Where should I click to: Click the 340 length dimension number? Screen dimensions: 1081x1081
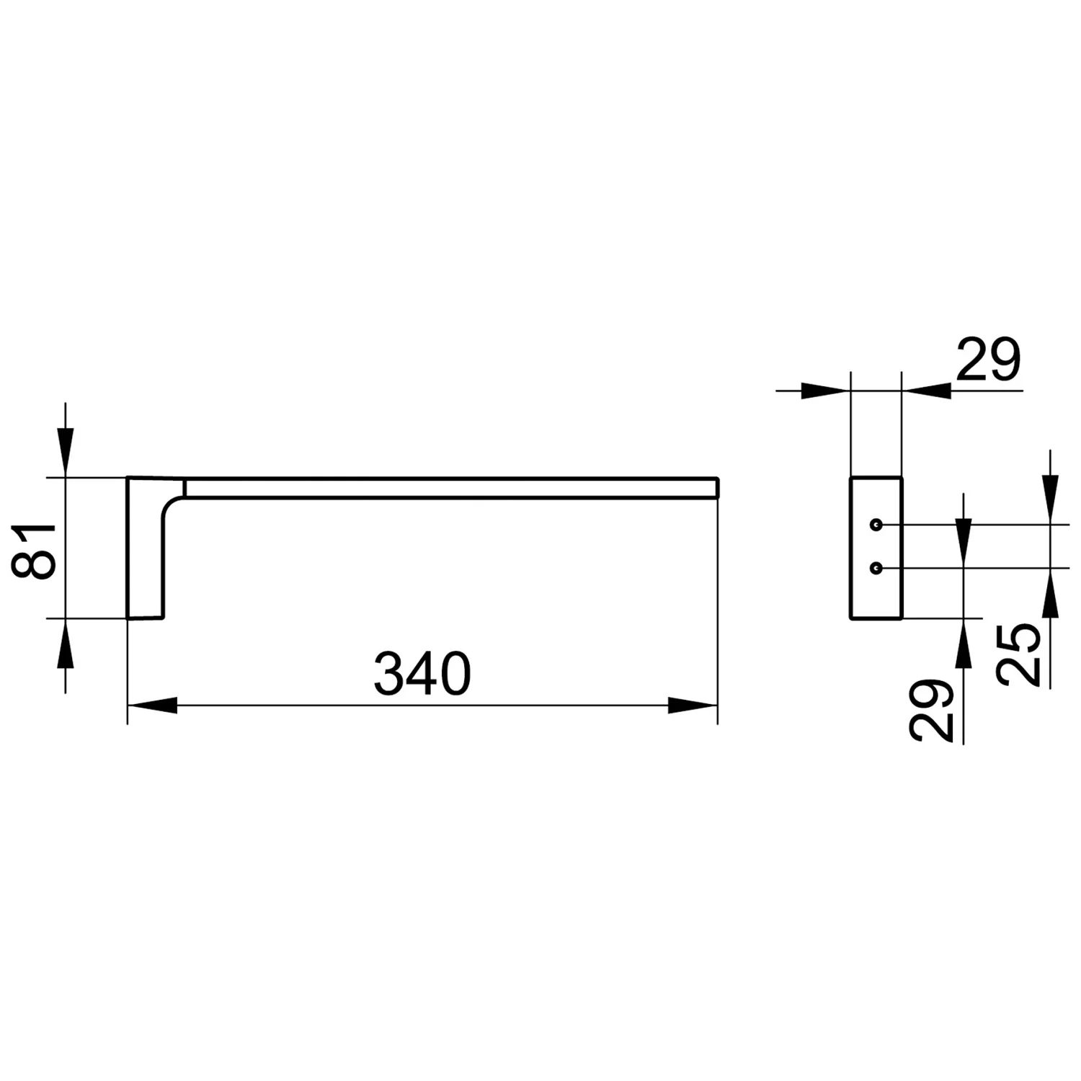[x=422, y=674]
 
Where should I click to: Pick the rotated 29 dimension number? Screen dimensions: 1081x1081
[x=931, y=711]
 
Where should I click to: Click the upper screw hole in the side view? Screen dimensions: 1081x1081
[x=876, y=524]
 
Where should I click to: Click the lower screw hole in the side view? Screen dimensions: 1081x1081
[x=876, y=569]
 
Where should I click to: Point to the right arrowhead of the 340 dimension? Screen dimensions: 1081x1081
[x=693, y=706]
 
